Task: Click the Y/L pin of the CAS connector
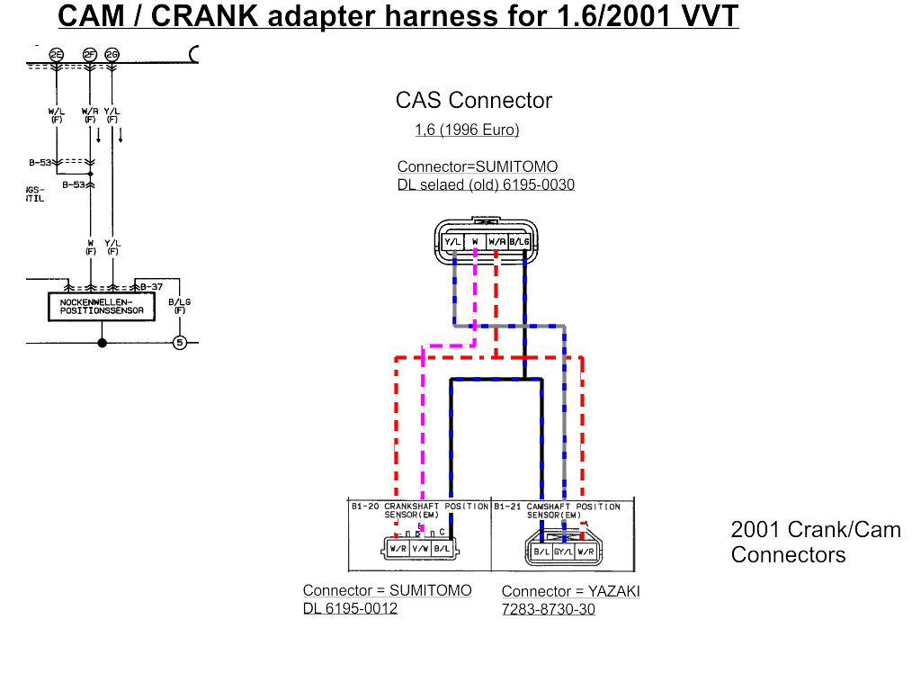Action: (x=452, y=241)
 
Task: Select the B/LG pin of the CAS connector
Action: (x=519, y=241)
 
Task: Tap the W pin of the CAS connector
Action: (x=475, y=241)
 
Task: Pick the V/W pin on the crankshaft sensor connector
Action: (x=420, y=548)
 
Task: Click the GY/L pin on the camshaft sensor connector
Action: (x=564, y=551)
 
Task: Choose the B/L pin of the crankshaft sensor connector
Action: (x=442, y=548)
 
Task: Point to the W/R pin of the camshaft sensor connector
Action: (x=586, y=551)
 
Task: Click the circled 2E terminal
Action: (x=57, y=55)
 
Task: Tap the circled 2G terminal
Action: (x=112, y=55)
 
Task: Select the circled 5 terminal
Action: (x=179, y=342)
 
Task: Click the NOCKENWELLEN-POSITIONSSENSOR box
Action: (x=102, y=306)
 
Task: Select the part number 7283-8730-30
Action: (x=548, y=609)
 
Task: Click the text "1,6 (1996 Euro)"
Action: (x=467, y=130)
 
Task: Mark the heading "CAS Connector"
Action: (x=473, y=100)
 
